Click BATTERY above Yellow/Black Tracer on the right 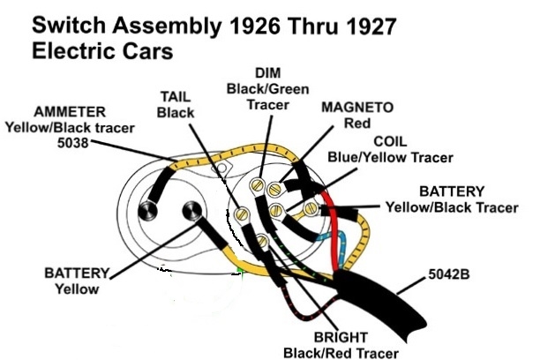pyautogui.click(x=451, y=191)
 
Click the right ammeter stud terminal pyautogui.click(x=190, y=212)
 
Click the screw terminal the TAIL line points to pyautogui.click(x=240, y=214)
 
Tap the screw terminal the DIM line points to pyautogui.click(x=259, y=184)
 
